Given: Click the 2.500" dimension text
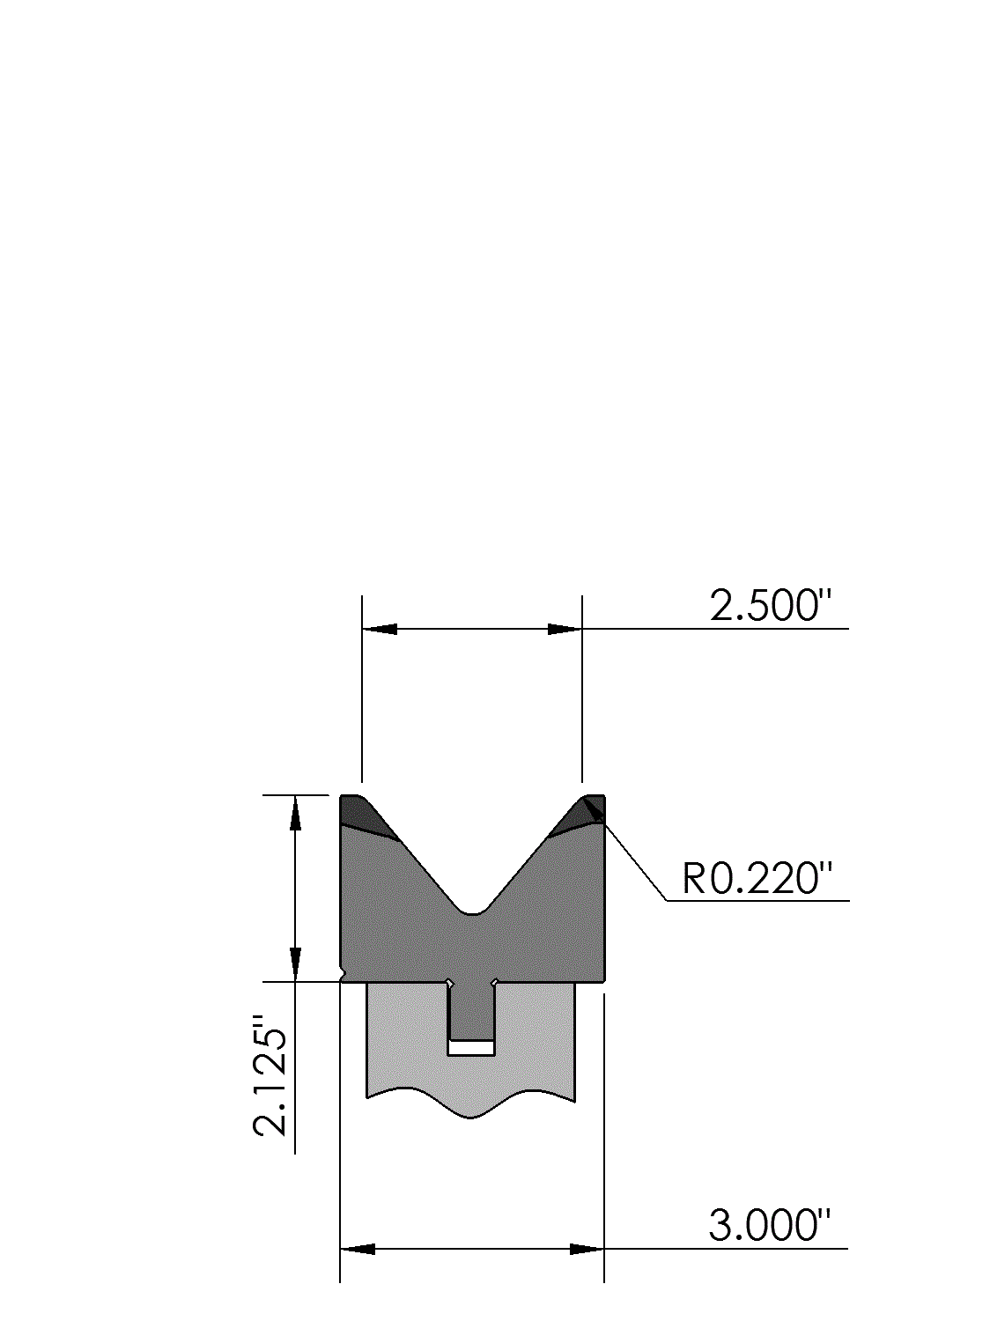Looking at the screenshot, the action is pos(771,605).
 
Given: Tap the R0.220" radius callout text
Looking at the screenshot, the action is pos(757,878).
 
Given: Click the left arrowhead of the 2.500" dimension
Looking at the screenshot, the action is pos(380,629).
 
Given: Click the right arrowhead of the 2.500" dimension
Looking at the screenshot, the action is pos(565,629).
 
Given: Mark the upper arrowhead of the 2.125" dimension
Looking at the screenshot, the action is pos(295,813).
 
